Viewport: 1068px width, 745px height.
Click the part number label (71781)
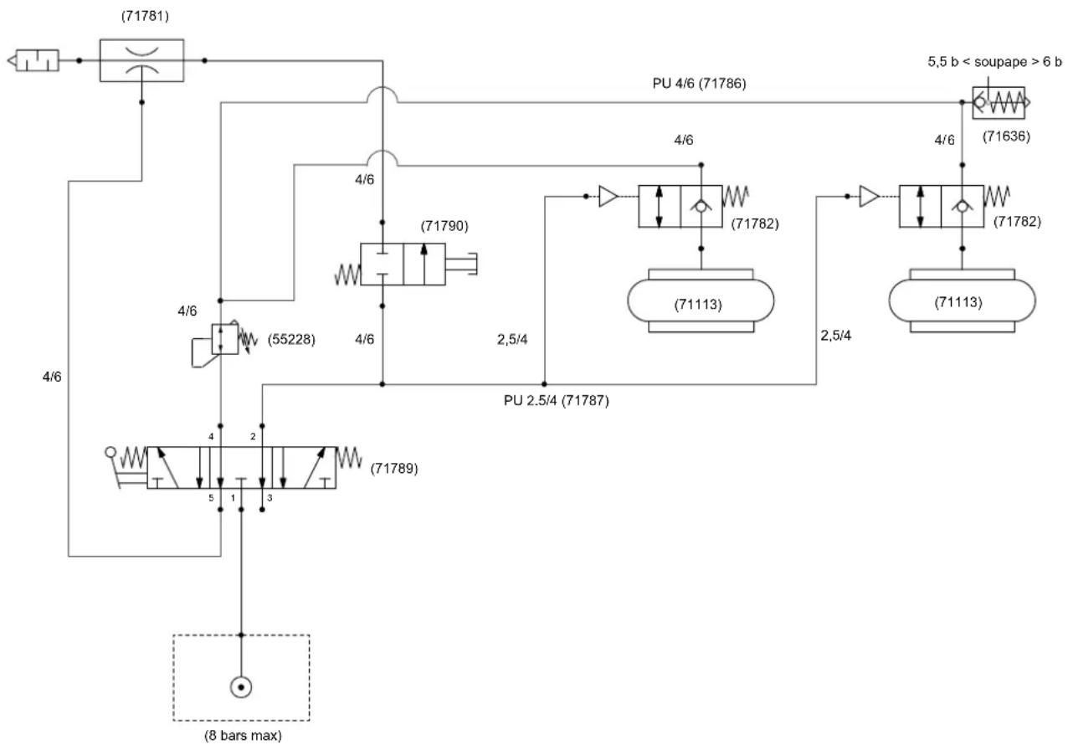tap(145, 16)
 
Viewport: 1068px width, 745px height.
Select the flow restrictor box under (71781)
tap(141, 60)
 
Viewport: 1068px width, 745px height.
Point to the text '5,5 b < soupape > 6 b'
tap(994, 62)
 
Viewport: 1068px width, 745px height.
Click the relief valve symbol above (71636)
tap(999, 103)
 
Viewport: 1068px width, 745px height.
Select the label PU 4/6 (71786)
tap(699, 84)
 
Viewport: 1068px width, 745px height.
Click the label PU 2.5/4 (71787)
tap(557, 400)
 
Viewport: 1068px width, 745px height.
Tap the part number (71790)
tap(444, 226)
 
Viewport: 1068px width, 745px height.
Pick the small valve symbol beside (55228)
tap(224, 340)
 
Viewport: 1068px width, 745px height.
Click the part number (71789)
tap(394, 469)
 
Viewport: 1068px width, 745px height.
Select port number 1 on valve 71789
tap(234, 498)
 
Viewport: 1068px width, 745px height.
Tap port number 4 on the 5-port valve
tap(211, 436)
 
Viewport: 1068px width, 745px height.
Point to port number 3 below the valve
tap(270, 498)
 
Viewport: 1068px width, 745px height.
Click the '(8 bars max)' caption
tap(244, 736)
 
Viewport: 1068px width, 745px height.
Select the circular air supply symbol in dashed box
tap(241, 687)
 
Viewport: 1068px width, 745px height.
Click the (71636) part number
tap(1007, 136)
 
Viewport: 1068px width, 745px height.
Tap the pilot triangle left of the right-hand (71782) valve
tap(869, 197)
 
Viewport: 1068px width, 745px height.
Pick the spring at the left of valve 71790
tap(347, 275)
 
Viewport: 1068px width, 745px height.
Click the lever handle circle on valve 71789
tap(110, 452)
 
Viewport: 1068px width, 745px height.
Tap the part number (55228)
tap(291, 340)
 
